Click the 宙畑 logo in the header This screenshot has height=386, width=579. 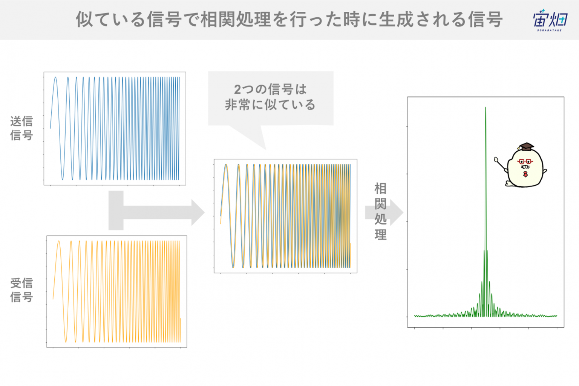pyautogui.click(x=550, y=20)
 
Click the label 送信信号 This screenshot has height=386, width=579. pyautogui.click(x=21, y=128)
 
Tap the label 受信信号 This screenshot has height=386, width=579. pyautogui.click(x=21, y=290)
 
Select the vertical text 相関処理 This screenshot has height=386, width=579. pyautogui.click(x=380, y=211)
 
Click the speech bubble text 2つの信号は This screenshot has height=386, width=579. pyautogui.click(x=270, y=89)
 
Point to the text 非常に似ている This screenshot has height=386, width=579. pyautogui.click(x=270, y=105)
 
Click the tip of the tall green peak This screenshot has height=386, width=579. pyautogui.click(x=486, y=108)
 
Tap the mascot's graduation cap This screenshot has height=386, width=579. pyautogui.click(x=525, y=147)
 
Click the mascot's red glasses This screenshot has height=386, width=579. pyautogui.click(x=525, y=162)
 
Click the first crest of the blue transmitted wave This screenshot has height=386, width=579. pyautogui.click(x=55, y=77)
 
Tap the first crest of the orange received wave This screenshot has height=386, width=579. pyautogui.click(x=59, y=241)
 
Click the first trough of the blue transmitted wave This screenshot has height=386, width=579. pyautogui.click(x=63, y=179)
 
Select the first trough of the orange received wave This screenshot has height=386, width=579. pyautogui.click(x=66, y=342)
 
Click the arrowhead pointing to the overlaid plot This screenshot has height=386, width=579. pyautogui.click(x=198, y=212)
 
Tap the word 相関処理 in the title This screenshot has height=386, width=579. pyautogui.click(x=236, y=19)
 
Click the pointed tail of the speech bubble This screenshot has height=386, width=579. pyautogui.click(x=266, y=149)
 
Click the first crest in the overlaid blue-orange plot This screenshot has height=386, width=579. pyautogui.click(x=226, y=165)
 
